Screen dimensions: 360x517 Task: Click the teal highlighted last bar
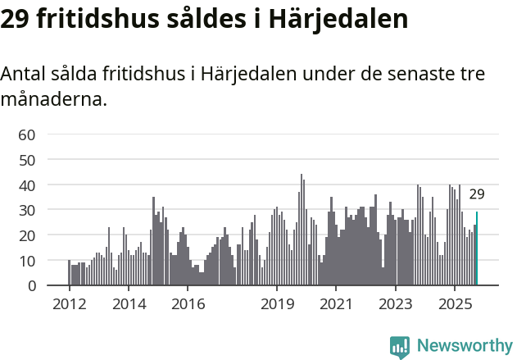pos(477,249)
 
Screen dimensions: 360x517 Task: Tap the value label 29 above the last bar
pos(477,194)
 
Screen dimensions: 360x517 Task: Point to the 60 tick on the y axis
pos(27,134)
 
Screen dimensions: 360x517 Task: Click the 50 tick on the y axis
pos(27,160)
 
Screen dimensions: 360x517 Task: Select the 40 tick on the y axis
pos(27,185)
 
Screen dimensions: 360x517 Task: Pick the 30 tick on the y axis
pos(27,211)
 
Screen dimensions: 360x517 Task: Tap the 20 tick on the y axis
pos(27,235)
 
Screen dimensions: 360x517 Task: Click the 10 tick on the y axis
pos(27,261)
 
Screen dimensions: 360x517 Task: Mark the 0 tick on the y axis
pos(31,286)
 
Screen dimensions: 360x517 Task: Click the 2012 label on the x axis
pos(69,303)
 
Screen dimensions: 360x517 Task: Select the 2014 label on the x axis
pos(129,303)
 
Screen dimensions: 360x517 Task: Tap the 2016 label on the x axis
pos(188,303)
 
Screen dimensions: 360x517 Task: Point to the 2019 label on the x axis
pos(277,303)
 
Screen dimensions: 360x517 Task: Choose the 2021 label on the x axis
pos(336,303)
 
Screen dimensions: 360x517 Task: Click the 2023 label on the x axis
pos(396,303)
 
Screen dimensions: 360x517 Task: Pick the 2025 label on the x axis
pos(455,303)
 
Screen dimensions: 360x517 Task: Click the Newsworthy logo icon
pos(399,346)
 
